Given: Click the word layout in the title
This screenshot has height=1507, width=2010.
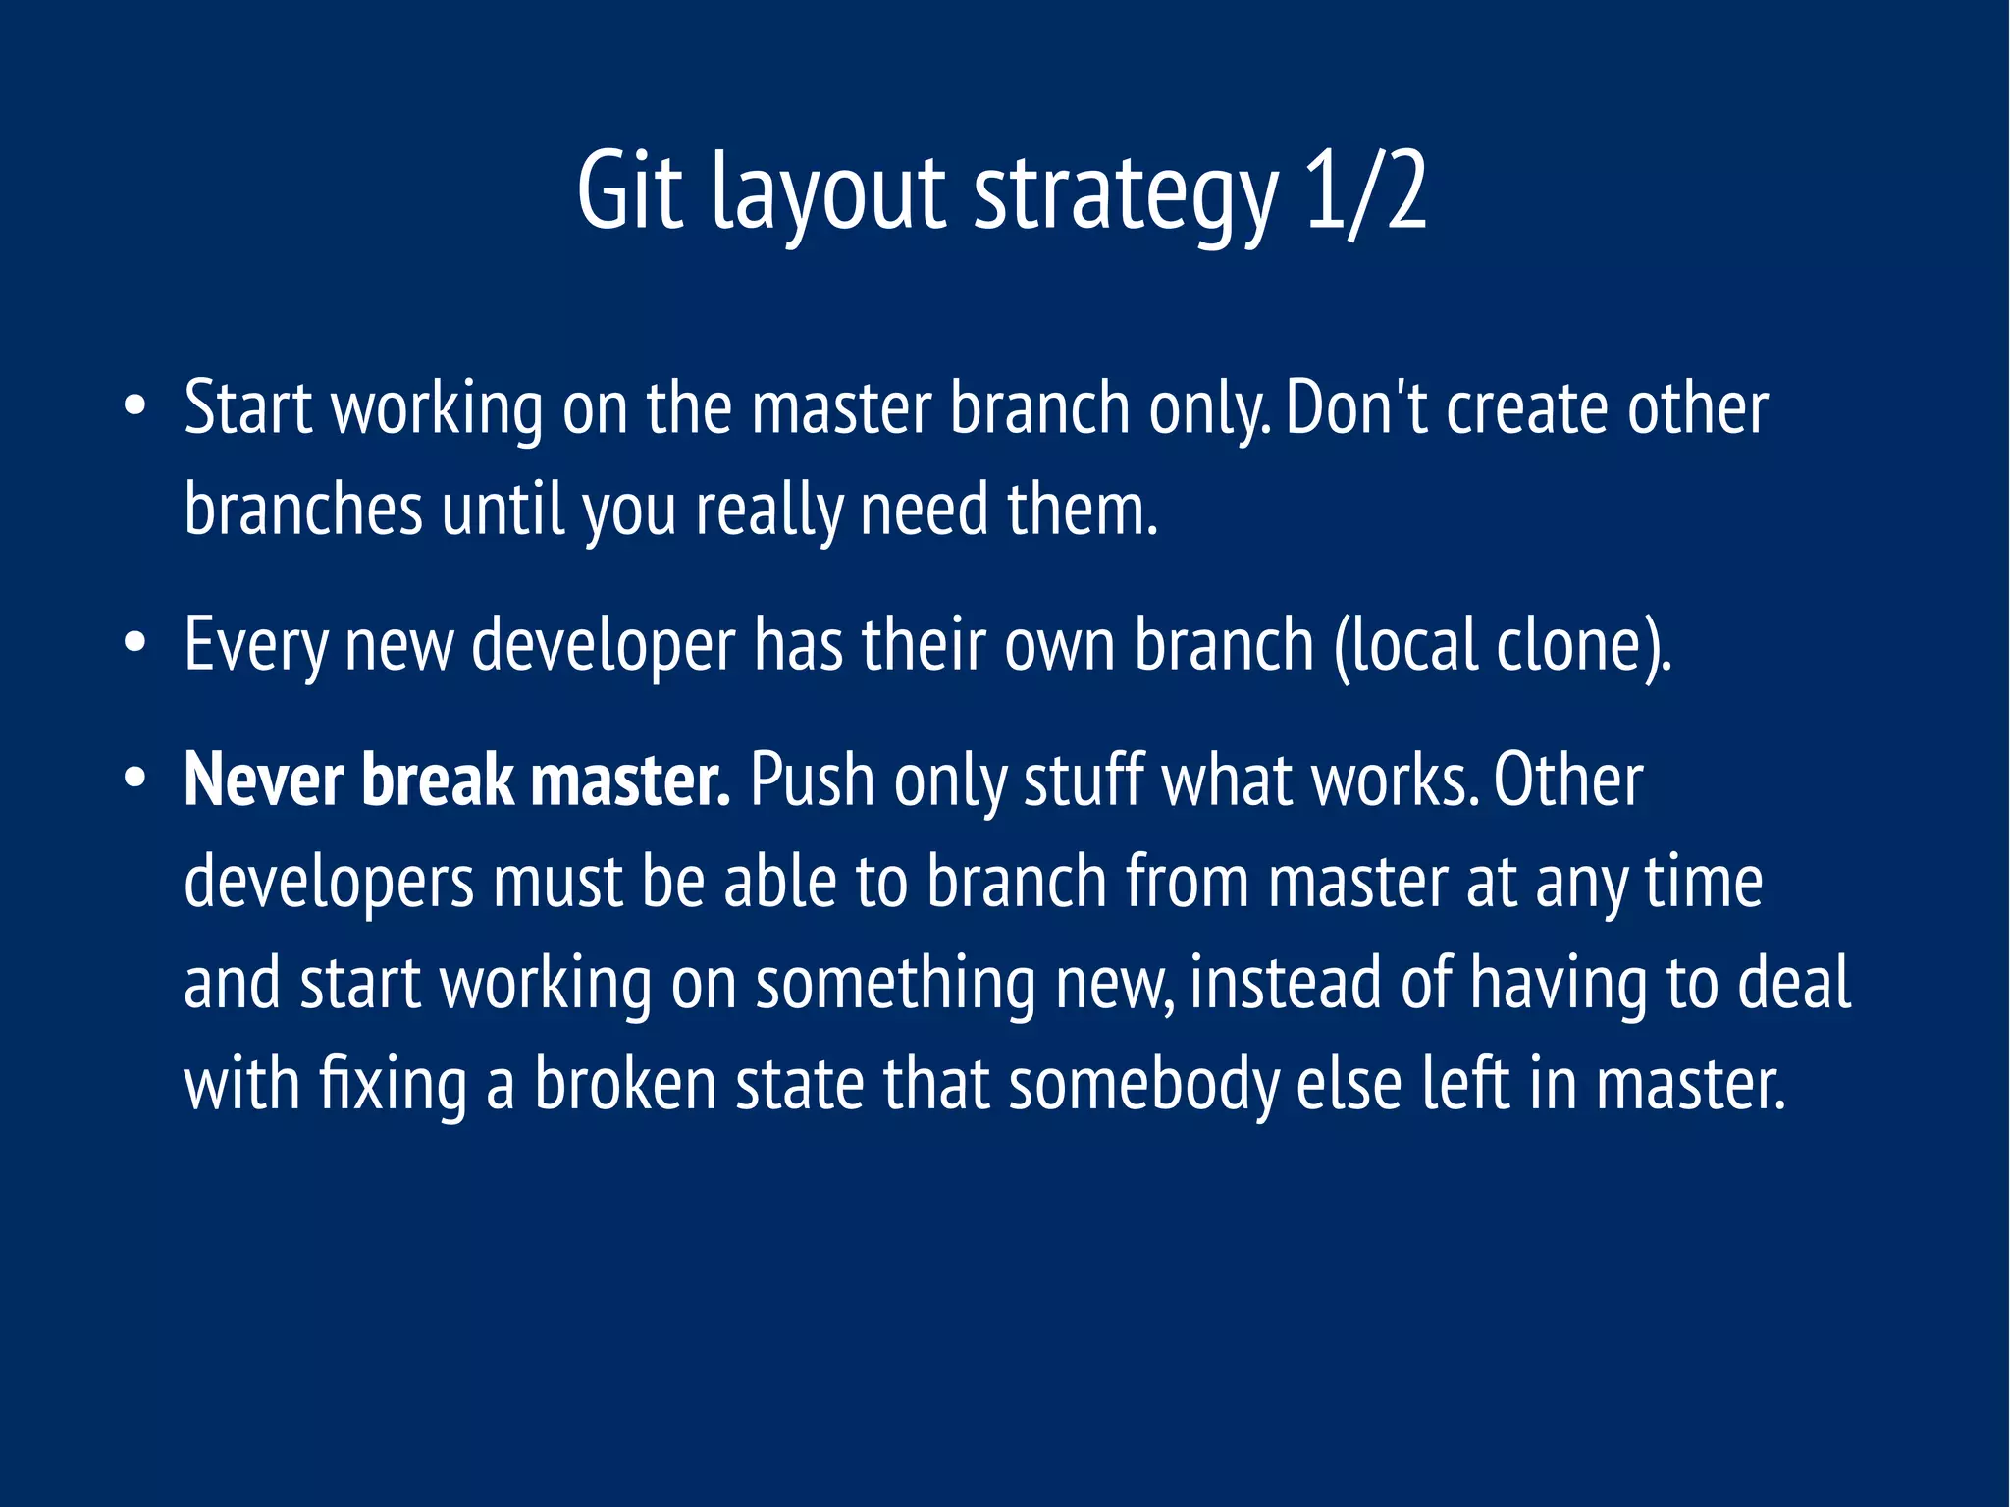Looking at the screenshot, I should coord(829,196).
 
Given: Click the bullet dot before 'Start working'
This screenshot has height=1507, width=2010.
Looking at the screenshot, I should coord(135,406).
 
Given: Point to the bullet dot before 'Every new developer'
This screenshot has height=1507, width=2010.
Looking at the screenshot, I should coord(135,644).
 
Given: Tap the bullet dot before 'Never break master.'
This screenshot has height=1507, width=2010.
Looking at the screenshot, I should coord(135,780).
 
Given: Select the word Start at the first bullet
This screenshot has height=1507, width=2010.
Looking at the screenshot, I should coord(247,407).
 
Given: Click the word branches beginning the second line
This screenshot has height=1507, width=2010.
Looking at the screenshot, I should coord(303,510).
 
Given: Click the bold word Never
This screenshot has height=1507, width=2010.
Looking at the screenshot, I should coord(263,780).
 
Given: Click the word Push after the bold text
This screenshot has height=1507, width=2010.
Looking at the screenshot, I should coord(812,780).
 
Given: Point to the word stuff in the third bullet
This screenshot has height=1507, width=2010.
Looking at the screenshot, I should coord(1084,780).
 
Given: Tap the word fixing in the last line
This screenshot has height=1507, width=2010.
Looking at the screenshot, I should coord(393,1086).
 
